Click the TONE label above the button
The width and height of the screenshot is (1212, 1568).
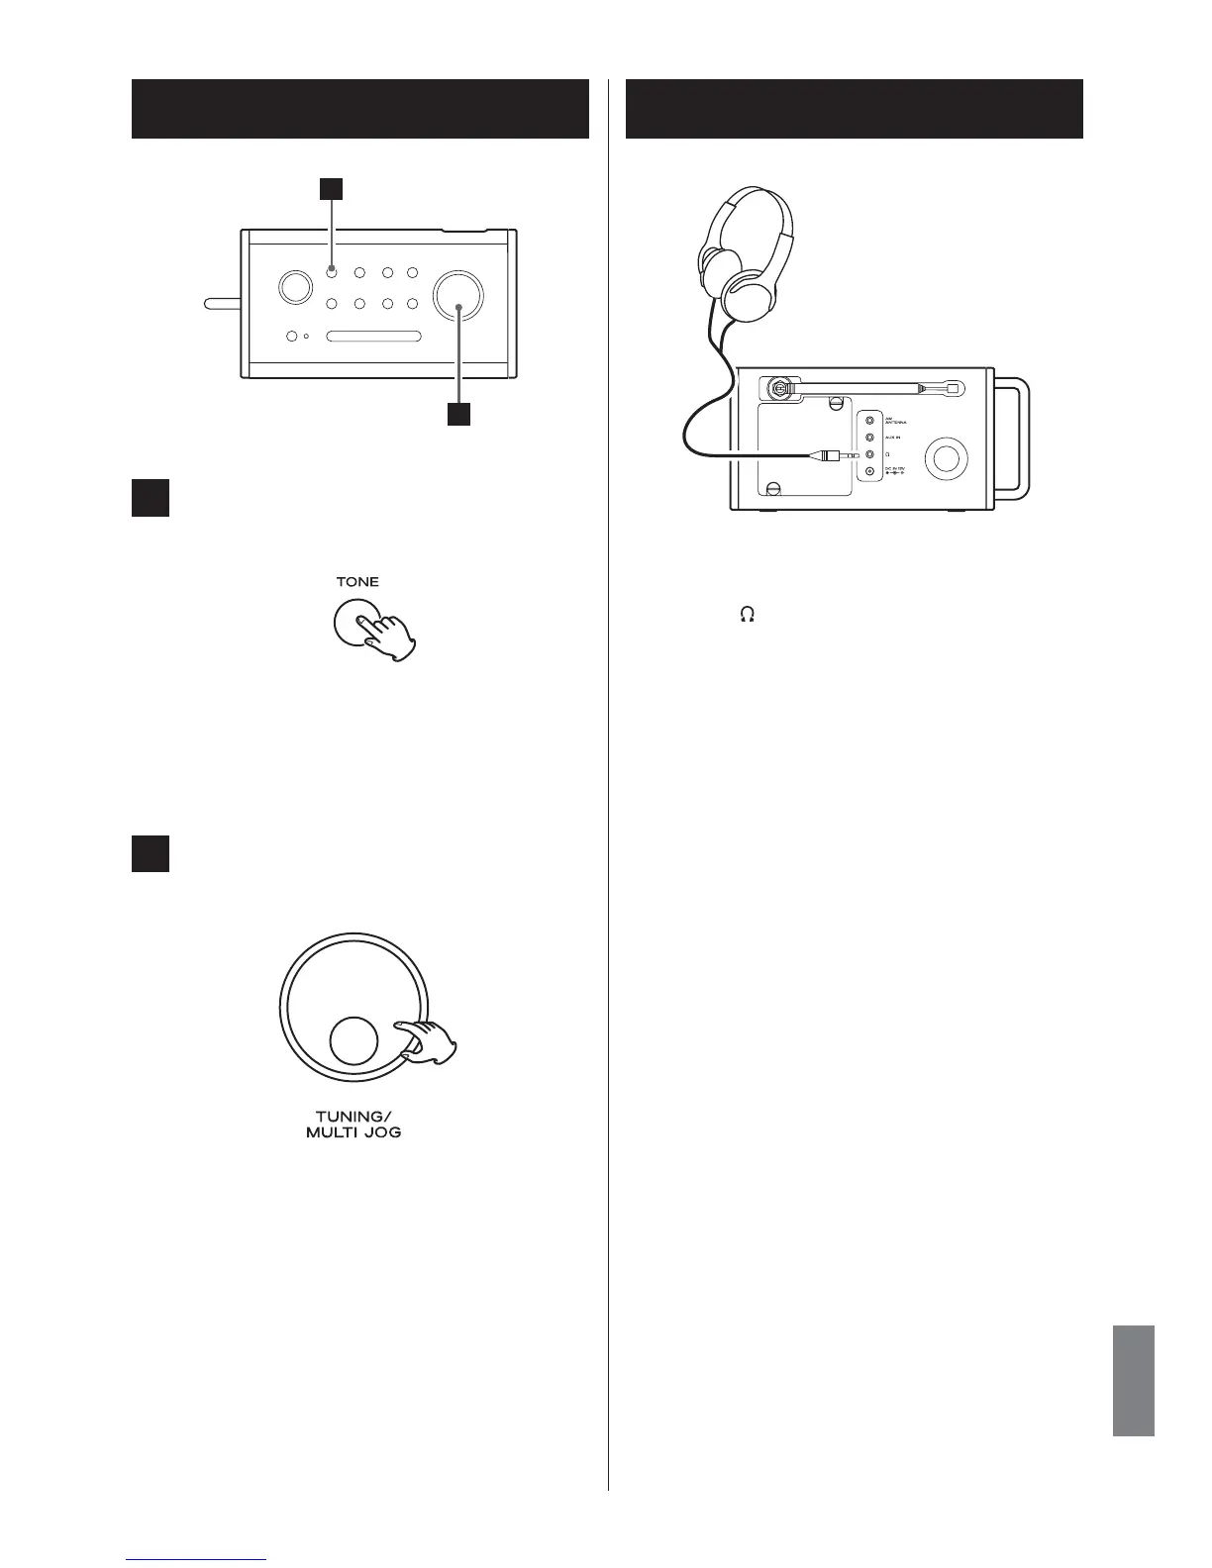tap(356, 582)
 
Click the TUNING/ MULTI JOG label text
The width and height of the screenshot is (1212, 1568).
tap(353, 1125)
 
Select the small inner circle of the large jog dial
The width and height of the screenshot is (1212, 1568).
tap(353, 1041)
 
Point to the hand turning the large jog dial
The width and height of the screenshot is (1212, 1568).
tap(428, 1041)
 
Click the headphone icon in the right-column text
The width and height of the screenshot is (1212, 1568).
tap(747, 615)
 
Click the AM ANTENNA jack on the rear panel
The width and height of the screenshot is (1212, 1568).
tap(870, 421)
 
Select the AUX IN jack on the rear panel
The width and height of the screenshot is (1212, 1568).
tap(870, 438)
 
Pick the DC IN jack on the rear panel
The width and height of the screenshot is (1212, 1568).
tap(870, 472)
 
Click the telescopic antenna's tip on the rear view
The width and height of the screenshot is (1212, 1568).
tap(953, 389)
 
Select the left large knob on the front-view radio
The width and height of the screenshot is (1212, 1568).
tap(293, 287)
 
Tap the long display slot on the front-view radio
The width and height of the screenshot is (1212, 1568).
tap(373, 337)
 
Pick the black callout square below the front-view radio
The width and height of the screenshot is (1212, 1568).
tap(457, 414)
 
